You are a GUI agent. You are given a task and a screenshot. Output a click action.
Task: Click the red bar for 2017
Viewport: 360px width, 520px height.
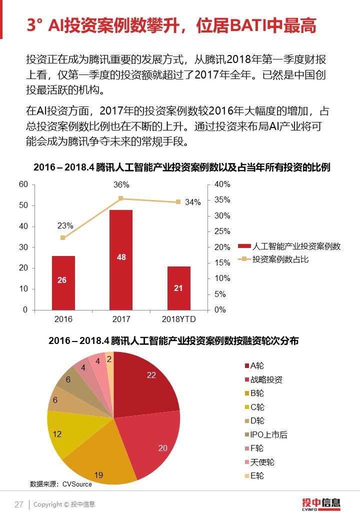tap(121, 260)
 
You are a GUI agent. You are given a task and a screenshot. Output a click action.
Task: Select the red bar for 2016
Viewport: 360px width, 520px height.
tap(63, 283)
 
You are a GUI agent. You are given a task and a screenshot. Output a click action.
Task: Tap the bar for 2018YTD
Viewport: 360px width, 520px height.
tap(179, 288)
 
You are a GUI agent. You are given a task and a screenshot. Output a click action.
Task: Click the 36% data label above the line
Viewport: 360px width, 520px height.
tap(121, 184)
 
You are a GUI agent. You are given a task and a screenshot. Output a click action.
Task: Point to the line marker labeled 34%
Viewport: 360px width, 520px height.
tap(178, 202)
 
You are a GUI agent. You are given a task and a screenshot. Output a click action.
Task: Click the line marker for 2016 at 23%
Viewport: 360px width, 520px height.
tap(62, 237)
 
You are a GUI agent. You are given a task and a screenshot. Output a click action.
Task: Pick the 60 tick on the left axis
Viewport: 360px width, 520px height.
tap(23, 184)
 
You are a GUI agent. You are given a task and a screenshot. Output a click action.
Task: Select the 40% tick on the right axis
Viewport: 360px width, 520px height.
tap(222, 184)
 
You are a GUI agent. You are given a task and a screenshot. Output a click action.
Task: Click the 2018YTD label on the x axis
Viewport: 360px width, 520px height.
tap(179, 319)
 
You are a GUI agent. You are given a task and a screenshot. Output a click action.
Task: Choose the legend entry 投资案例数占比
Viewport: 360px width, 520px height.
tap(280, 259)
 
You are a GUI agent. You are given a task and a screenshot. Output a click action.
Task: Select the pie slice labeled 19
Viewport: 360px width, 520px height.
tap(100, 460)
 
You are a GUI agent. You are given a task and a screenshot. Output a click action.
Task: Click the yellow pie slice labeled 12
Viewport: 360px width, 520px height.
tap(62, 432)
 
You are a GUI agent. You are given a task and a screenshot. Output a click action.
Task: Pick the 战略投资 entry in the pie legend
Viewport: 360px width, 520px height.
tap(266, 379)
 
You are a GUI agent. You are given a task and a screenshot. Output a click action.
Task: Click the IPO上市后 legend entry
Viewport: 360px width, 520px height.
tap(268, 434)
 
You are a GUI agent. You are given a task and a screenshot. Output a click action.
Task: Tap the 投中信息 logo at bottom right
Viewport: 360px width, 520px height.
tap(320, 503)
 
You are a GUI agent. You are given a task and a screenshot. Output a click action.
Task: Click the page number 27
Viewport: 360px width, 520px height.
tap(19, 504)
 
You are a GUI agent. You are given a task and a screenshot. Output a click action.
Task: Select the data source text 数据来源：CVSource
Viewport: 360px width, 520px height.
tap(60, 484)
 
